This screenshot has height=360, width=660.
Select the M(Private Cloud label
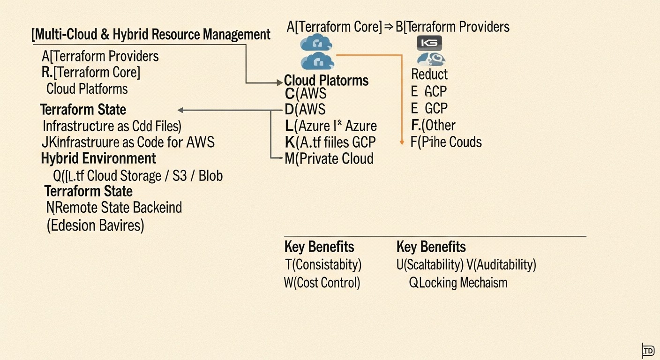pyautogui.click(x=329, y=158)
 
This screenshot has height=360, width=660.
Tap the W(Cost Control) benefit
pyautogui.click(x=322, y=283)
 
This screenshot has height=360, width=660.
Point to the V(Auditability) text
pyautogui.click(x=501, y=265)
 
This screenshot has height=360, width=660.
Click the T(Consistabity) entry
pyautogui.click(x=323, y=265)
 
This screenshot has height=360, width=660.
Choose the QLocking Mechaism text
pyautogui.click(x=458, y=283)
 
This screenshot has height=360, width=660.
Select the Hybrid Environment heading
pyautogui.click(x=98, y=158)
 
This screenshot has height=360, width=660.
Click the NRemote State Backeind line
pyautogui.click(x=114, y=207)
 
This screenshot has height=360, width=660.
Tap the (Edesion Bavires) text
pyautogui.click(x=95, y=225)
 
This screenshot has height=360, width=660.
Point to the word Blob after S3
pyautogui.click(x=210, y=176)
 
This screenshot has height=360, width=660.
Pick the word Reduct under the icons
pyautogui.click(x=429, y=75)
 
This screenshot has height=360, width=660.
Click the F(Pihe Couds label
pyautogui.click(x=446, y=142)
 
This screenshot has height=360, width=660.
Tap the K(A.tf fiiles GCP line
pyautogui.click(x=330, y=142)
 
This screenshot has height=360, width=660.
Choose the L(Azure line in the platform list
pyautogui.click(x=330, y=126)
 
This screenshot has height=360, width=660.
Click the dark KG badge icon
pyautogui.click(x=429, y=43)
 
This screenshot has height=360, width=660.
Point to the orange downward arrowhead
pyautogui.click(x=402, y=142)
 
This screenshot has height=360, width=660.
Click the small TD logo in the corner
pyautogui.click(x=648, y=350)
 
